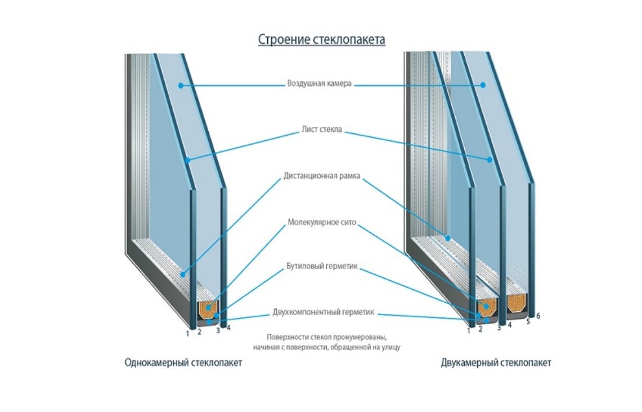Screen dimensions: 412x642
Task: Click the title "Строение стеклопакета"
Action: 321,40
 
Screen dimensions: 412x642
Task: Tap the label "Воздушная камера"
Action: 319,85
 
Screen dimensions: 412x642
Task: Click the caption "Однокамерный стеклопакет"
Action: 183,363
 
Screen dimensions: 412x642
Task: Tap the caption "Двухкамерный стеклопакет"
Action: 496,363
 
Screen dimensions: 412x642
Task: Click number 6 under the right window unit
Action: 538,316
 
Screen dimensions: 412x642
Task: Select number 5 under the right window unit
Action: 528,322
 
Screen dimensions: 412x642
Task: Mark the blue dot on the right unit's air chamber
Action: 483,85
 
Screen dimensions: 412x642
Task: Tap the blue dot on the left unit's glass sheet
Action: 188,160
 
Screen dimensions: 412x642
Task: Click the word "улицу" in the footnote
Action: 389,348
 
